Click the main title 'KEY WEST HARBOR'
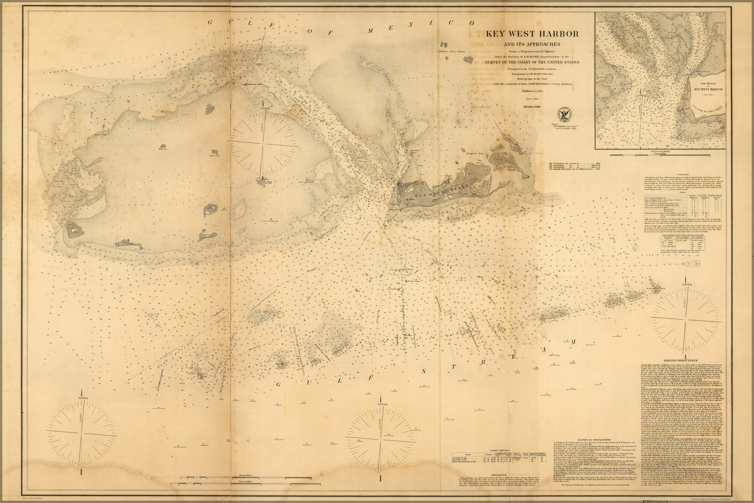[x=532, y=34]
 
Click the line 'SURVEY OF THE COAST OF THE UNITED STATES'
[x=532, y=62]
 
